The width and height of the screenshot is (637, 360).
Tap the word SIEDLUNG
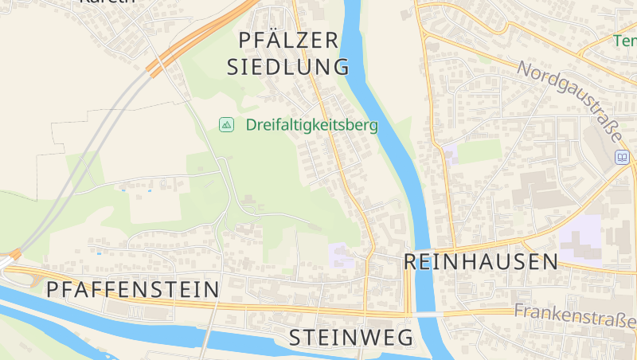[288, 66]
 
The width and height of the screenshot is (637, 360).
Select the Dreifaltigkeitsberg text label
[311, 125]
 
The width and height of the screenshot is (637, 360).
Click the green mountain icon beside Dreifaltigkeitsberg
[227, 124]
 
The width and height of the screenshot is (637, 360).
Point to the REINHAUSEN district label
[480, 261]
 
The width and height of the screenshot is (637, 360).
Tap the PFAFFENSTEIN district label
[132, 289]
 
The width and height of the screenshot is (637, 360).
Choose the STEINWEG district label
[351, 337]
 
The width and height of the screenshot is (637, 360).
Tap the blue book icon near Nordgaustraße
[622, 158]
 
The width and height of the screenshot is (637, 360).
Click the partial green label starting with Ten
[625, 40]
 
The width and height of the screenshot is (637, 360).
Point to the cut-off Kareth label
[107, 2]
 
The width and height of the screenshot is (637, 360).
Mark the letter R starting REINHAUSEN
[412, 261]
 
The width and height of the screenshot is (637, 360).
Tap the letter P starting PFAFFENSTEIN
[53, 289]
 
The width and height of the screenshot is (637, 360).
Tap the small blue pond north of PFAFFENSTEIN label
[99, 253]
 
